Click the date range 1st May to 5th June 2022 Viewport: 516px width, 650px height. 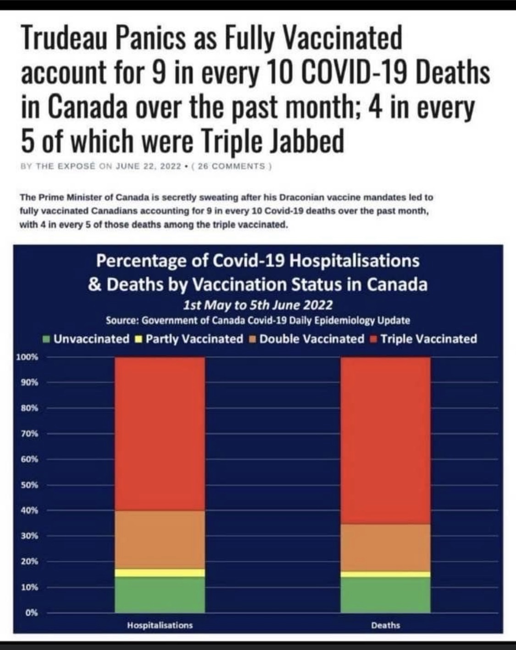click(x=258, y=305)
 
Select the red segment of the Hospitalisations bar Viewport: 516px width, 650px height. click(x=160, y=433)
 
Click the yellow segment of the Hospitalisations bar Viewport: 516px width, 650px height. click(x=160, y=572)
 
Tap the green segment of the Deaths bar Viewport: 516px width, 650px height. click(x=385, y=594)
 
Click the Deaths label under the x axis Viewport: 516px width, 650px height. click(x=385, y=625)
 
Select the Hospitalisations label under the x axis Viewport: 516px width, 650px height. click(x=160, y=625)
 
